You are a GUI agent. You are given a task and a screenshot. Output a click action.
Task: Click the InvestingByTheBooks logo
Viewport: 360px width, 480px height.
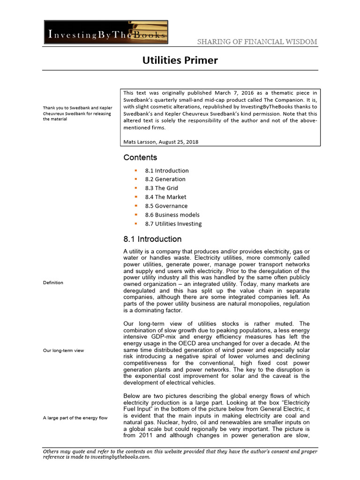[106, 32]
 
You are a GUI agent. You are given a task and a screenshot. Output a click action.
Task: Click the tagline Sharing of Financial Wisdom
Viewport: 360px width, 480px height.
[256, 42]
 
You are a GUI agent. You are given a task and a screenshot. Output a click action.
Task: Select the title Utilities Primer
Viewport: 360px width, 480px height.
[180, 60]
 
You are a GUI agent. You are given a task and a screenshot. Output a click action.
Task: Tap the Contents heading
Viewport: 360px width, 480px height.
[140, 157]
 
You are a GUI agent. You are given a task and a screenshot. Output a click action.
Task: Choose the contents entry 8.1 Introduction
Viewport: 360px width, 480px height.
[167, 171]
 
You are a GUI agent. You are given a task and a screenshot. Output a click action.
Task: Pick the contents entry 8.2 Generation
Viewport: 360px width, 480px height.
[165, 179]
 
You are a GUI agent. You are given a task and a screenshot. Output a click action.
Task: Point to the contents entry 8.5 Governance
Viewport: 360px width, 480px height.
[166, 206]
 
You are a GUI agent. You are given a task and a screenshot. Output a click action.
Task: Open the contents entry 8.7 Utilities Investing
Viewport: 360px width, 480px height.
[173, 224]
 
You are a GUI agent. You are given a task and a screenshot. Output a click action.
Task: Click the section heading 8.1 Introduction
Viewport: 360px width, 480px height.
[152, 239]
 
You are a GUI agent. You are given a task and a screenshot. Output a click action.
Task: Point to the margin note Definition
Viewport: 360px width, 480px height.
[53, 283]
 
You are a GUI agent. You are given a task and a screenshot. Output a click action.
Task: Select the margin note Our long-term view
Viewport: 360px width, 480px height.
[63, 350]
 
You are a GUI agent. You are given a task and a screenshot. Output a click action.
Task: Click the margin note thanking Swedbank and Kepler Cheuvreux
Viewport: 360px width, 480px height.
[77, 114]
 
